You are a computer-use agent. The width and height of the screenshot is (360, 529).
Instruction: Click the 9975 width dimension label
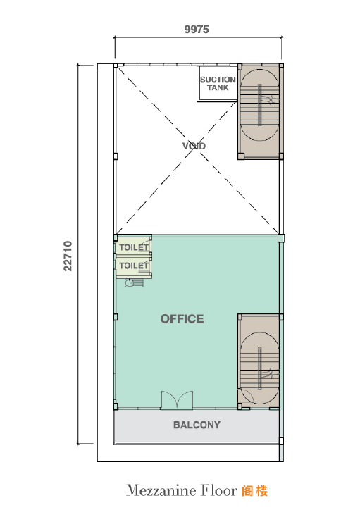pyautogui.click(x=197, y=30)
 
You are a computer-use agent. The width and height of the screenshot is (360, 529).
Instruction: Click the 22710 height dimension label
pyautogui.click(x=68, y=256)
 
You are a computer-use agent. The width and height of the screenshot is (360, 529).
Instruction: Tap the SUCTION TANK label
pyautogui.click(x=218, y=84)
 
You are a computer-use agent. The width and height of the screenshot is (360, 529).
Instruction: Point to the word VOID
pyautogui.click(x=194, y=146)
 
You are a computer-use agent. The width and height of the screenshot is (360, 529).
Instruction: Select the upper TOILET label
pyautogui.click(x=134, y=247)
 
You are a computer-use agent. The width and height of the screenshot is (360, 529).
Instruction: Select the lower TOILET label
pyautogui.click(x=134, y=266)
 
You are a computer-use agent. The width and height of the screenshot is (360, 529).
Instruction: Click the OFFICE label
pyautogui.click(x=182, y=319)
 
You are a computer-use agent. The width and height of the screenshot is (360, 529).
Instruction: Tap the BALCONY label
pyautogui.click(x=197, y=425)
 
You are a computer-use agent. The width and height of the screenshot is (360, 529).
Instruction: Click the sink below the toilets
pyautogui.click(x=134, y=283)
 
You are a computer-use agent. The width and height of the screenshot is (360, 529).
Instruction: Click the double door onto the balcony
pyautogui.click(x=177, y=400)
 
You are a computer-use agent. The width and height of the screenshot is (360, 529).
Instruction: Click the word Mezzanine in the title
pyautogui.click(x=161, y=490)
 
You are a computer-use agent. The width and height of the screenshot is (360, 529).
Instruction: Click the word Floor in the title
pyautogui.click(x=219, y=490)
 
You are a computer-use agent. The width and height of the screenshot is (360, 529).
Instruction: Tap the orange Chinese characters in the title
pyautogui.click(x=255, y=491)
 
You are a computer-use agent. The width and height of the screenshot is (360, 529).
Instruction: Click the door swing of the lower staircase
pyautogui.click(x=245, y=395)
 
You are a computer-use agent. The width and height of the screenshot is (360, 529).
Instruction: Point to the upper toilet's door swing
pyautogui.click(x=145, y=244)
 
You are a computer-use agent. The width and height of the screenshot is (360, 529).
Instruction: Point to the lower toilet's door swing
pyautogui.click(x=145, y=263)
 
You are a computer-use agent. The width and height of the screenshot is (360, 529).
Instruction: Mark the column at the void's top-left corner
pyautogui.click(x=116, y=66)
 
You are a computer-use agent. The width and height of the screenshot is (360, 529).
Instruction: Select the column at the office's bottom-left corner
pyautogui.click(x=116, y=406)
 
